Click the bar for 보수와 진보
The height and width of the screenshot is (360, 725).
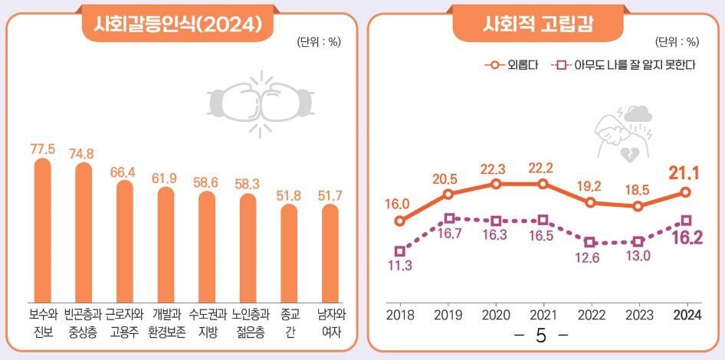43,230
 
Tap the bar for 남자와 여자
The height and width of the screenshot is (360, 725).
330,252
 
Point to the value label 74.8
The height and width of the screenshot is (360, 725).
83,153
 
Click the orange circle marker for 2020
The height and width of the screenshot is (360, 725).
496,184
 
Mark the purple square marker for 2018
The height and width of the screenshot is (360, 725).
399,250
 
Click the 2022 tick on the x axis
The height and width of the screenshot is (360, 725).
590,315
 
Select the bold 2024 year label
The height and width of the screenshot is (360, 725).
685,315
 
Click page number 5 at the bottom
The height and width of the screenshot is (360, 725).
541,336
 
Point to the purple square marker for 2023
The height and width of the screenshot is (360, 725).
638,241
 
